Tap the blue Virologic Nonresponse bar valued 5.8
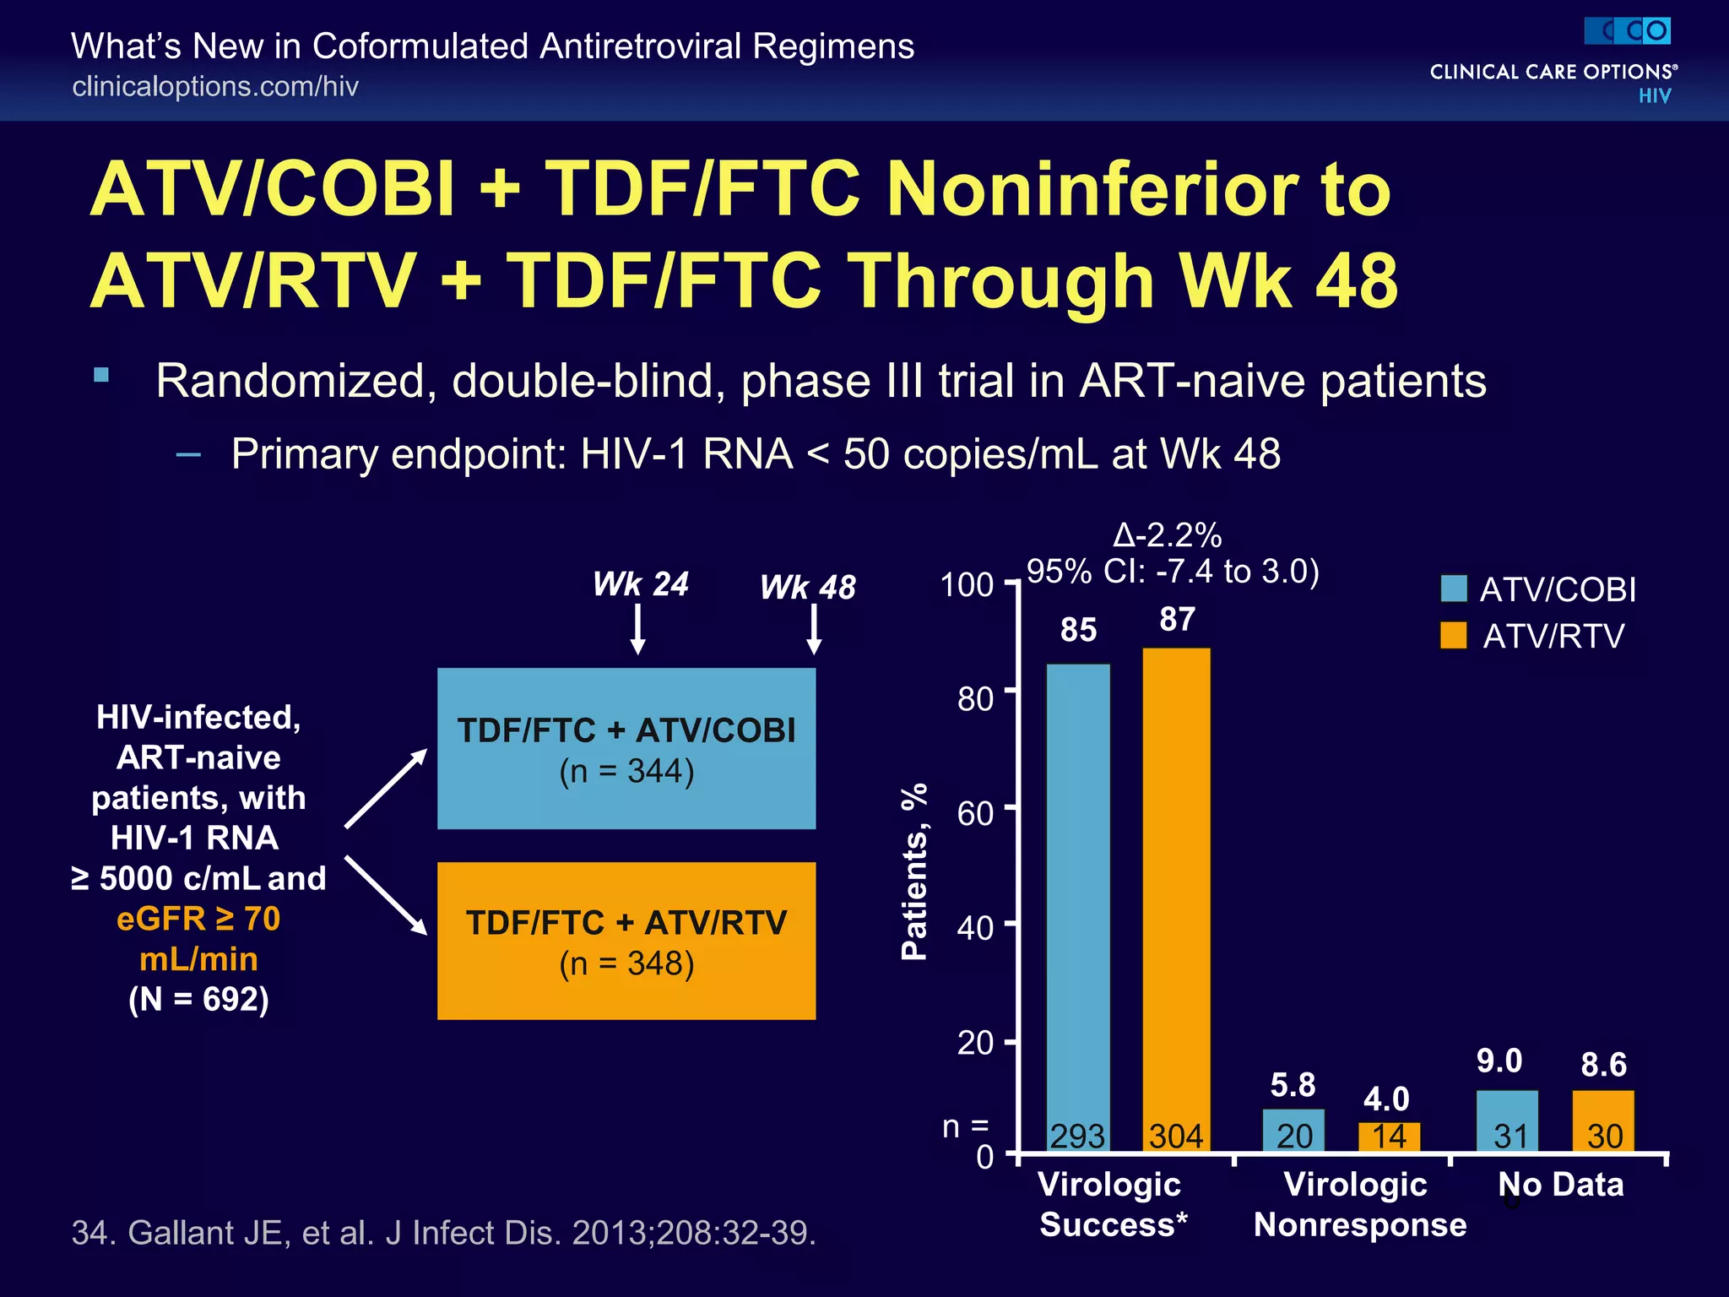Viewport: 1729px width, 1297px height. [1293, 1130]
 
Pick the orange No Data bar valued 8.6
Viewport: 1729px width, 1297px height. [1603, 1121]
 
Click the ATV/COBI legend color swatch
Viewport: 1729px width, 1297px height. [1454, 589]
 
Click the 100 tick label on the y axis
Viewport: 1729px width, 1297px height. [967, 584]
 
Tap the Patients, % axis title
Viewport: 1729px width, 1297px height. [914, 871]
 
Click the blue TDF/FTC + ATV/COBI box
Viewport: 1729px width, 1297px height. [626, 748]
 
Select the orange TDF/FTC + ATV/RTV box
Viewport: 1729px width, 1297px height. [626, 941]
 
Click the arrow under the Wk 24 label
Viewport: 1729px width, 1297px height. [638, 630]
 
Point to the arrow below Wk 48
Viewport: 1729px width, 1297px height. [814, 630]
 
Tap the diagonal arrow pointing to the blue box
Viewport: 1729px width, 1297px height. [387, 788]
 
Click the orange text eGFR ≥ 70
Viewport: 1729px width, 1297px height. [198, 919]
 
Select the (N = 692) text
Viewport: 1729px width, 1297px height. [198, 999]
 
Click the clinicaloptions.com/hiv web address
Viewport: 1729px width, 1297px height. [215, 86]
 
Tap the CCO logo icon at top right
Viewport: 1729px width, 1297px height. [1627, 31]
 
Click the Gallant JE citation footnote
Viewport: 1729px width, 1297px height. [444, 1233]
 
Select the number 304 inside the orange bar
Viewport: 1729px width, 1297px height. [1176, 1137]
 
